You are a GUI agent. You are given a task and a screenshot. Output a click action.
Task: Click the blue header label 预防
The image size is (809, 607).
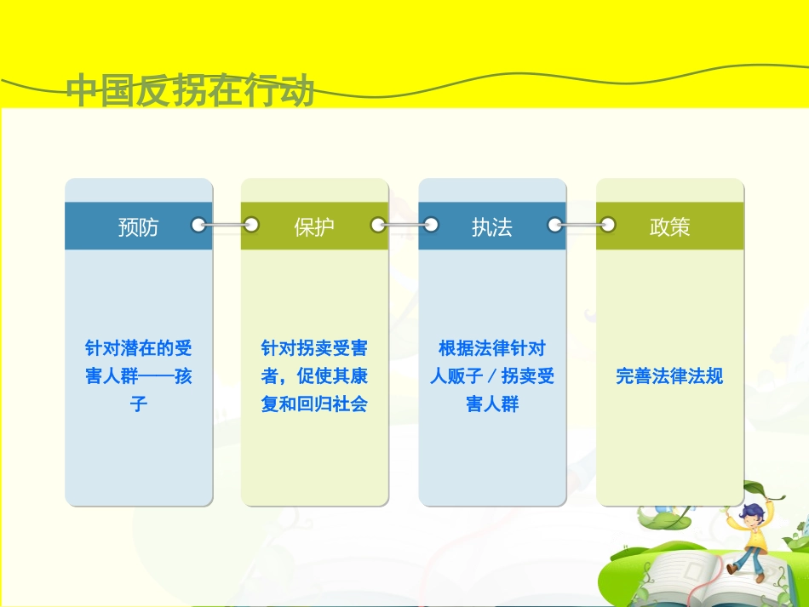tap(138, 226)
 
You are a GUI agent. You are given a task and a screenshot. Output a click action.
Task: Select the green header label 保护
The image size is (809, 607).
tap(314, 226)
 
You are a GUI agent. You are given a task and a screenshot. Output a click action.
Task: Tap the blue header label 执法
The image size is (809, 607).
tap(491, 226)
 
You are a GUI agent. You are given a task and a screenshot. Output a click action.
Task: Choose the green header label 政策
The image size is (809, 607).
tap(669, 226)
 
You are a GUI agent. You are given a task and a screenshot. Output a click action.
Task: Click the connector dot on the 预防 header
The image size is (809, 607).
tap(198, 226)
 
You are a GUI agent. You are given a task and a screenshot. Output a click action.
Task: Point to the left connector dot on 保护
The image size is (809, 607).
tap(251, 226)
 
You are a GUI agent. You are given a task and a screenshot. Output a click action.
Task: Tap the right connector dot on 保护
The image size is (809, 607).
tap(378, 226)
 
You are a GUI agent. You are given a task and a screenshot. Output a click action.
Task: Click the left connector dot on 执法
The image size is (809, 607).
tap(431, 226)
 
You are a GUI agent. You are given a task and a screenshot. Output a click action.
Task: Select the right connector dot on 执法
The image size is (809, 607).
tap(555, 226)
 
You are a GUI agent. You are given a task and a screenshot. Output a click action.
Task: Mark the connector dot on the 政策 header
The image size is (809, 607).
tap(608, 226)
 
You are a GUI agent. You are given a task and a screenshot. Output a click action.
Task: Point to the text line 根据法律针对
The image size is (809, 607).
tap(491, 348)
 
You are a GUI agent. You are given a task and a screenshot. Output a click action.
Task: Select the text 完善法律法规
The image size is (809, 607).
tap(669, 376)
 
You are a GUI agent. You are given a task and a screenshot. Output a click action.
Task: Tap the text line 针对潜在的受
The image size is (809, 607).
tap(138, 348)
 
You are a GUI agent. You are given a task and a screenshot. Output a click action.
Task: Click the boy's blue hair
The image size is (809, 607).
tap(751, 511)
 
